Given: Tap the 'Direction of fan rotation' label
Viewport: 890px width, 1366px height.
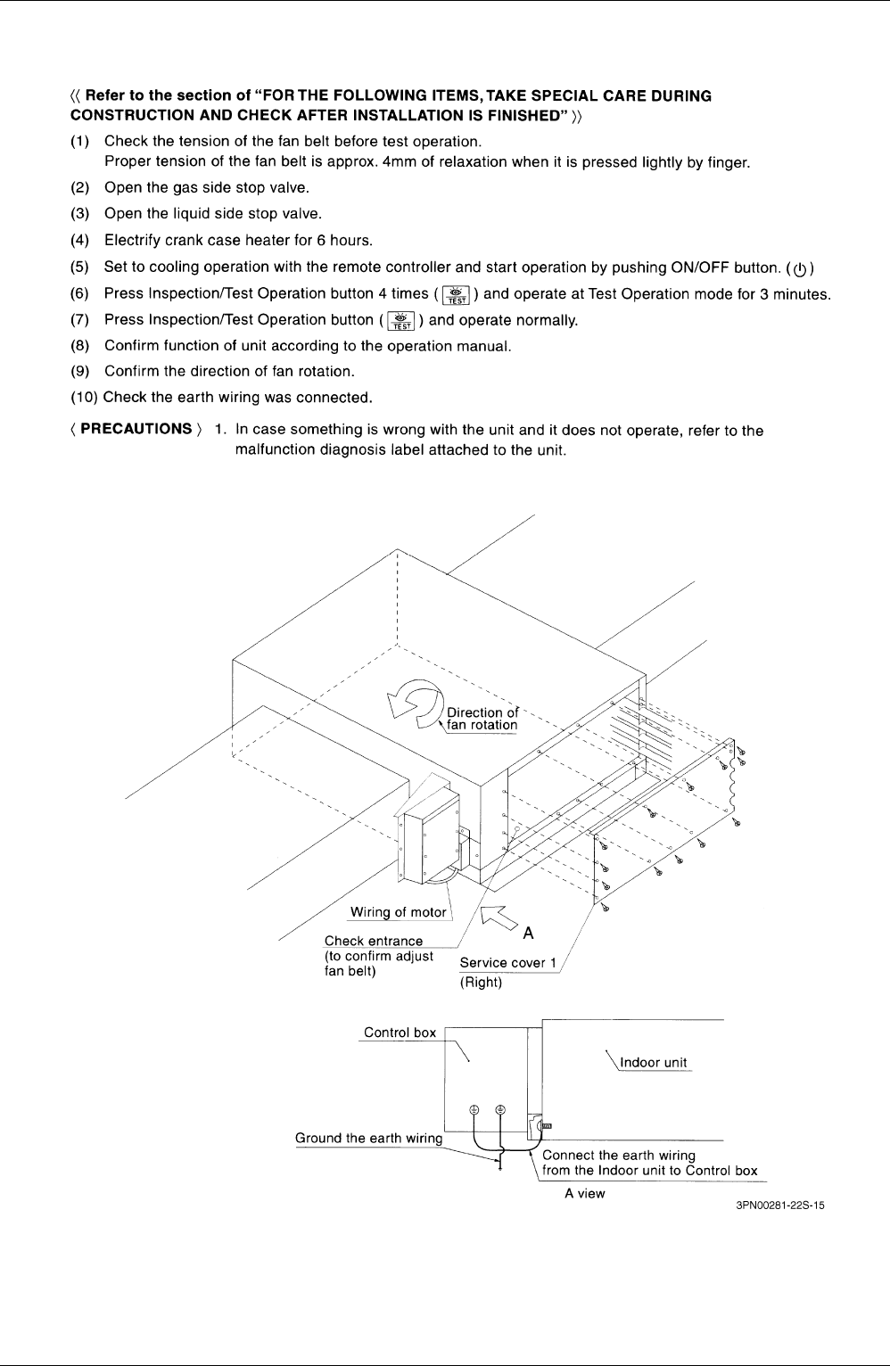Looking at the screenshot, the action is pyautogui.click(x=482, y=719).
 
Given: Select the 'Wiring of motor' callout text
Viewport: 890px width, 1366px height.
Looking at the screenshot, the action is pyautogui.click(x=399, y=912).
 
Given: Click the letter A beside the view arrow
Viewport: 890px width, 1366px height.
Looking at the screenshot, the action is pyautogui.click(x=528, y=933).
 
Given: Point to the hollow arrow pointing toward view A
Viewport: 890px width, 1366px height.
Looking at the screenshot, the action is pyautogui.click(x=499, y=918).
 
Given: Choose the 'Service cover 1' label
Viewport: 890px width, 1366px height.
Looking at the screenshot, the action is pyautogui.click(x=508, y=962).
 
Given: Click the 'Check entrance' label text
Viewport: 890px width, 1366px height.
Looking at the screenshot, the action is pyautogui.click(x=374, y=941).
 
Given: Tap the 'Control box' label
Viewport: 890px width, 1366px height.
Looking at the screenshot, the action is pyautogui.click(x=400, y=1033).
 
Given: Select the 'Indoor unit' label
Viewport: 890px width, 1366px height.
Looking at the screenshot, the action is pyautogui.click(x=654, y=1062).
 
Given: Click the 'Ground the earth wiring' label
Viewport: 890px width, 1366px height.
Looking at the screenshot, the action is pyautogui.click(x=368, y=1138).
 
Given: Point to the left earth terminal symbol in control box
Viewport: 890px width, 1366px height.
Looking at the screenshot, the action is pyautogui.click(x=474, y=1109).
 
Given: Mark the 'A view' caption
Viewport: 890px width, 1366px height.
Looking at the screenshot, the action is pyautogui.click(x=584, y=1193).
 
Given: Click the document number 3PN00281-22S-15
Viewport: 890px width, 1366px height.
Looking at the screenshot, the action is pyautogui.click(x=780, y=1205).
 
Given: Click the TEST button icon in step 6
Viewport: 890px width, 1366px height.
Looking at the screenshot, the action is pyautogui.click(x=456, y=294).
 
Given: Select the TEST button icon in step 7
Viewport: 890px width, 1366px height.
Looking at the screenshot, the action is pyautogui.click(x=400, y=321).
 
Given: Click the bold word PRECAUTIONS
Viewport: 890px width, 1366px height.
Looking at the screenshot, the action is pyautogui.click(x=136, y=429).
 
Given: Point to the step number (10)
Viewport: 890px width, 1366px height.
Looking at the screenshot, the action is pyautogui.click(x=84, y=398).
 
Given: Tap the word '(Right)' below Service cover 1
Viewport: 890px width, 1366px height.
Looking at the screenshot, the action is pyautogui.click(x=481, y=983).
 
